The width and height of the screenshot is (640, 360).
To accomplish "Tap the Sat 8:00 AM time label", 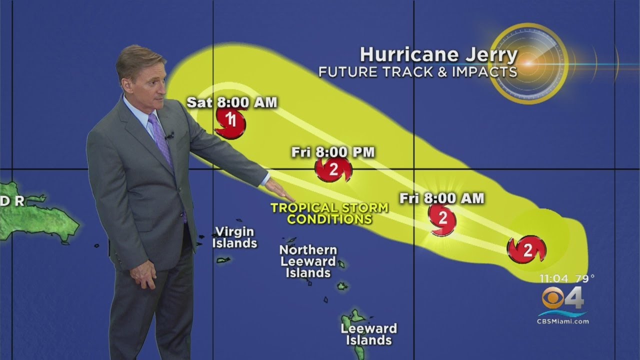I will point(232,102).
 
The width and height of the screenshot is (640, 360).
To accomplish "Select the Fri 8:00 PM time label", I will point(333,152).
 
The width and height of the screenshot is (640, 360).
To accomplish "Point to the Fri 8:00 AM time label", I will point(442,198).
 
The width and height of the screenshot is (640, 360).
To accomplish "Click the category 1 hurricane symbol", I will point(230,121).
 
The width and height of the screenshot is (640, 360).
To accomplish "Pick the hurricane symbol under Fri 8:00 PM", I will point(333,169).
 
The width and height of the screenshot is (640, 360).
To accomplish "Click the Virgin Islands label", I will point(234,237).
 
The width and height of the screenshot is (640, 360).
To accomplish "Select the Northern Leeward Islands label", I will point(308,261).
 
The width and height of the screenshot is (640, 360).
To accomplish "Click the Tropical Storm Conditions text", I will point(322,213).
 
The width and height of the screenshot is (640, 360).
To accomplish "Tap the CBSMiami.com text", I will point(563,321).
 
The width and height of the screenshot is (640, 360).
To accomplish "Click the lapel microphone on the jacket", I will point(170,135).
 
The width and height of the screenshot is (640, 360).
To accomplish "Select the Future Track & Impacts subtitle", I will point(418,72).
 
